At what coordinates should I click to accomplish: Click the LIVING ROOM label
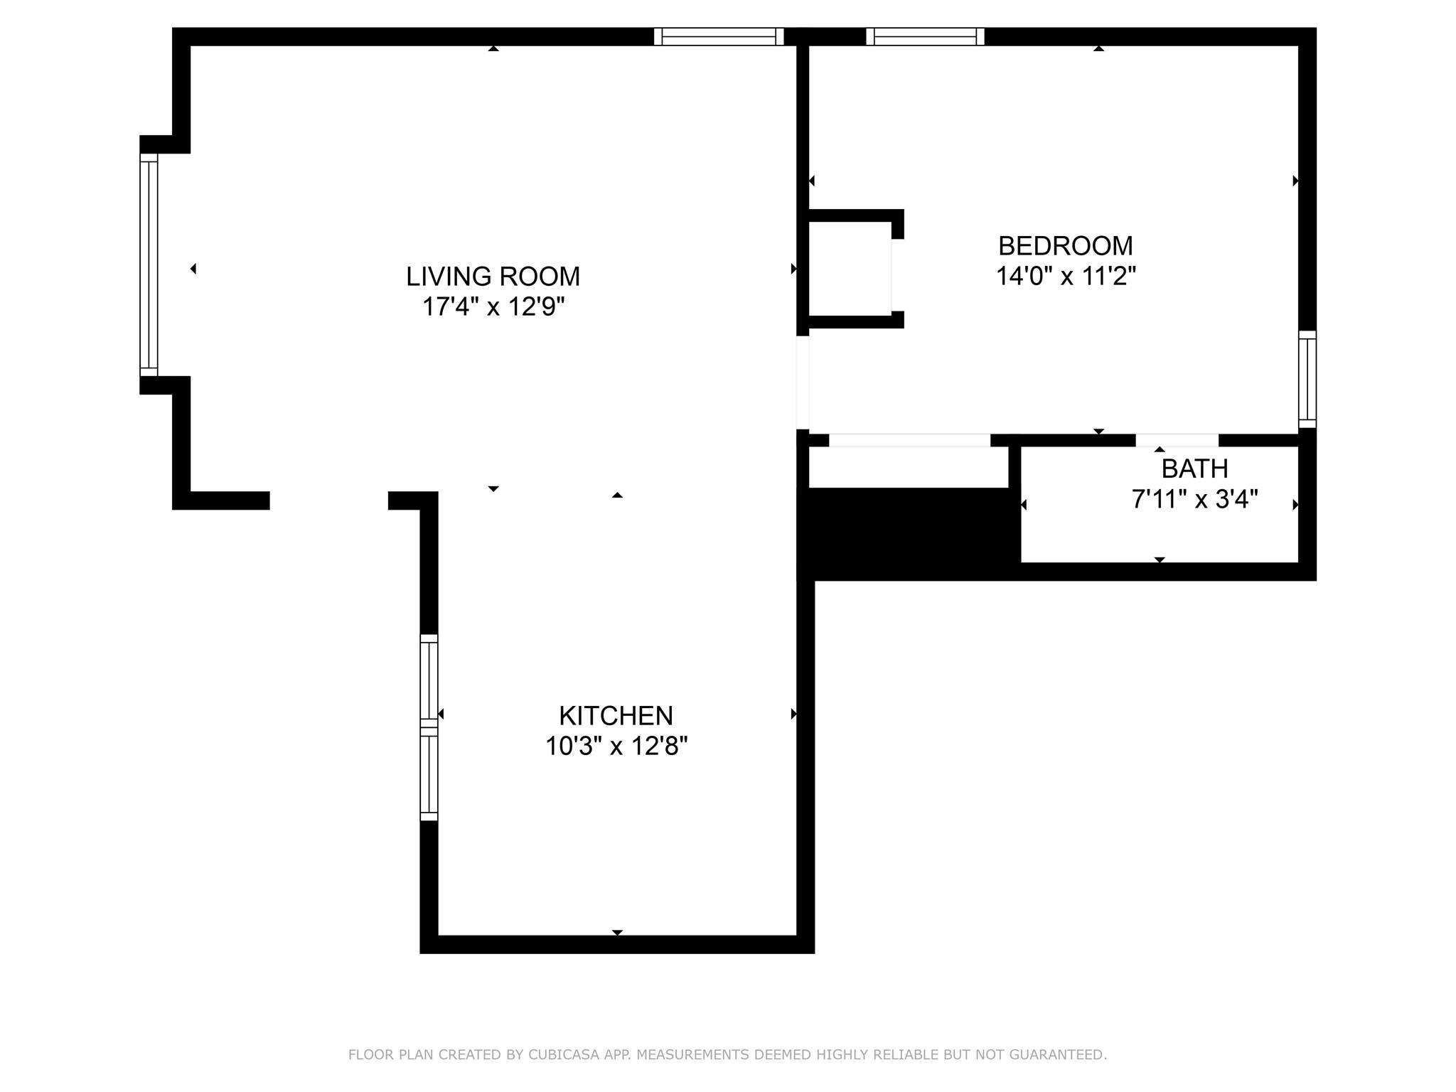pyautogui.click(x=493, y=277)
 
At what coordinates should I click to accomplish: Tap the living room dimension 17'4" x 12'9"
pyautogui.click(x=493, y=307)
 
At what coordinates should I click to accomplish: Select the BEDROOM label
pyautogui.click(x=1066, y=246)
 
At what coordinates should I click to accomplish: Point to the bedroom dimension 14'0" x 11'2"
pyautogui.click(x=1066, y=276)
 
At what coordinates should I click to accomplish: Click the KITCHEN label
pyautogui.click(x=616, y=715)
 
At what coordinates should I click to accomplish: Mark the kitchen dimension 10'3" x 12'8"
pyautogui.click(x=616, y=746)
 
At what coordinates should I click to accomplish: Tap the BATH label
pyautogui.click(x=1194, y=469)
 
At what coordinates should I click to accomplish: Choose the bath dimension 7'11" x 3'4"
pyautogui.click(x=1194, y=500)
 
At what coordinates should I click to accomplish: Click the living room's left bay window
pyautogui.click(x=149, y=264)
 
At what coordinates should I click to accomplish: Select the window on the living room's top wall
pyautogui.click(x=719, y=36)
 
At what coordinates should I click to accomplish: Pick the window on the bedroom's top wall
pyautogui.click(x=925, y=36)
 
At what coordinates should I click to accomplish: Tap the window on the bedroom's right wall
pyautogui.click(x=1307, y=379)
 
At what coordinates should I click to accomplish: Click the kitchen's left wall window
pyautogui.click(x=429, y=727)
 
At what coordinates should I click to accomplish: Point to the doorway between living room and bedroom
pyautogui.click(x=803, y=382)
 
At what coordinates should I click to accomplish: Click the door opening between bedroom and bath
pyautogui.click(x=1177, y=440)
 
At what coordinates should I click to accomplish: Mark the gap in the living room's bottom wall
pyautogui.click(x=329, y=500)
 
